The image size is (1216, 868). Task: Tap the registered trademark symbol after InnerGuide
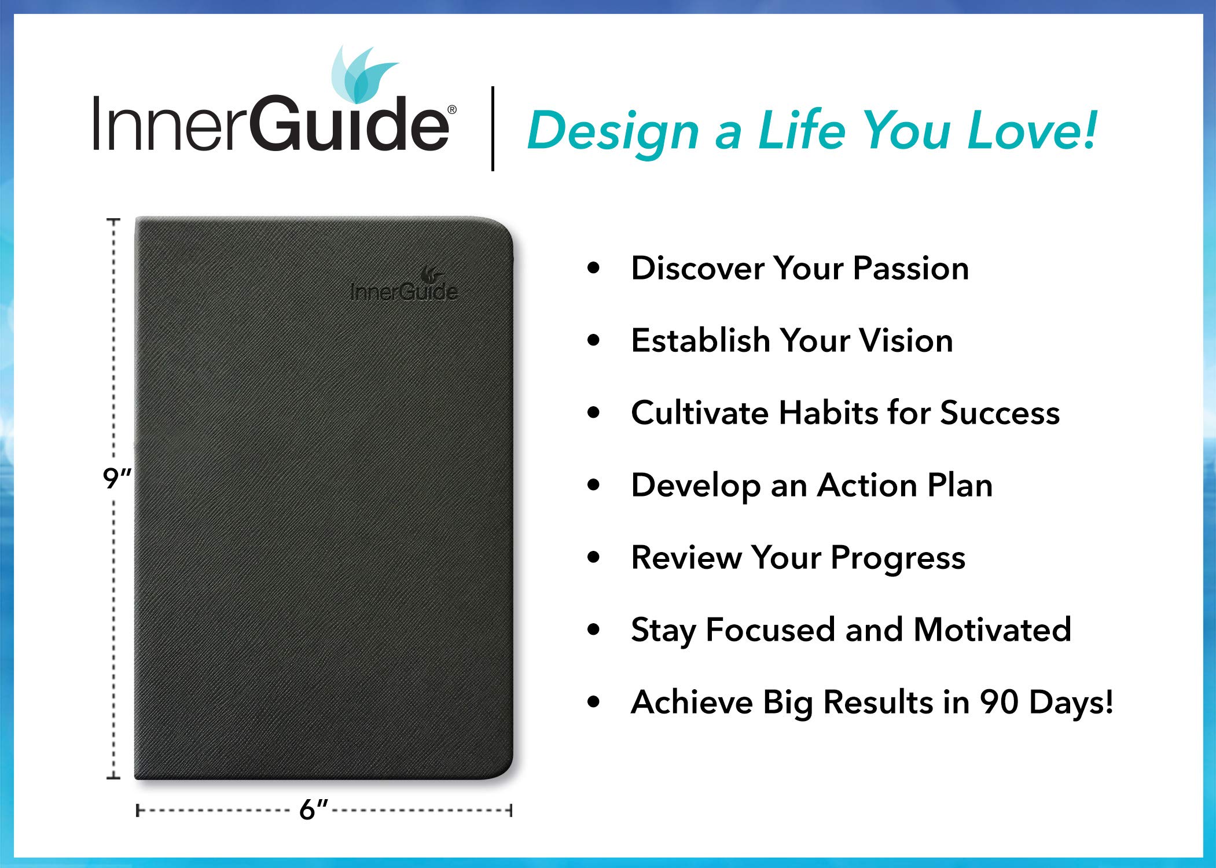452,110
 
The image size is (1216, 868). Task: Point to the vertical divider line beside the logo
493,128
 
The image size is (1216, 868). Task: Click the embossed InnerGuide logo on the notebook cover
404,285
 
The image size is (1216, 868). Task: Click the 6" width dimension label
313,809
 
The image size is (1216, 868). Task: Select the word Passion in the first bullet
911,269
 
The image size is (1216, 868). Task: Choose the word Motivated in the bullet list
993,630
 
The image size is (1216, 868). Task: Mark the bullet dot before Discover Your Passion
593,268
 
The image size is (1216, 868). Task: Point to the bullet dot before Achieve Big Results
593,702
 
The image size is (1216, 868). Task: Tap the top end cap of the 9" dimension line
113,220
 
